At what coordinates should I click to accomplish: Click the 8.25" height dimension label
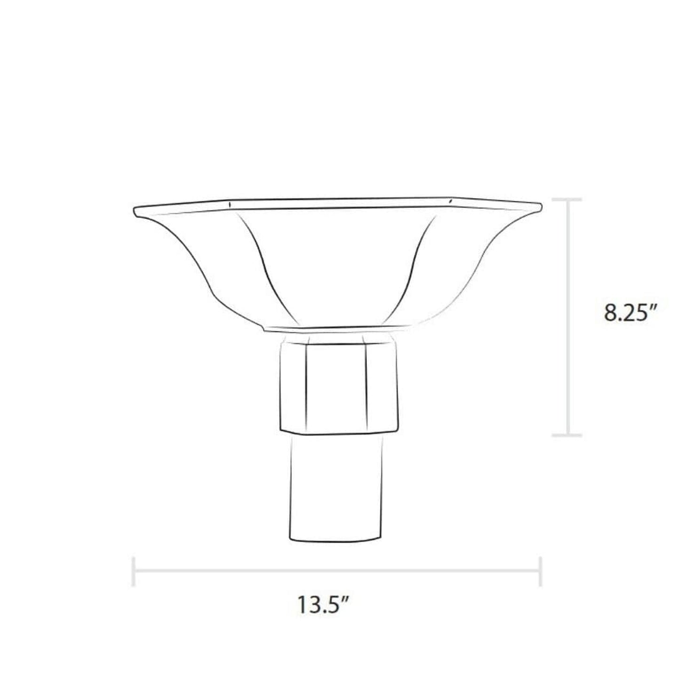[630, 313]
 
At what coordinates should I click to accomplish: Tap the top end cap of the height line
[567, 200]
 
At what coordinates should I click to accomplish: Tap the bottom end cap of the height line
[567, 435]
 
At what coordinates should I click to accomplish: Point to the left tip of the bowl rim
[134, 211]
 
